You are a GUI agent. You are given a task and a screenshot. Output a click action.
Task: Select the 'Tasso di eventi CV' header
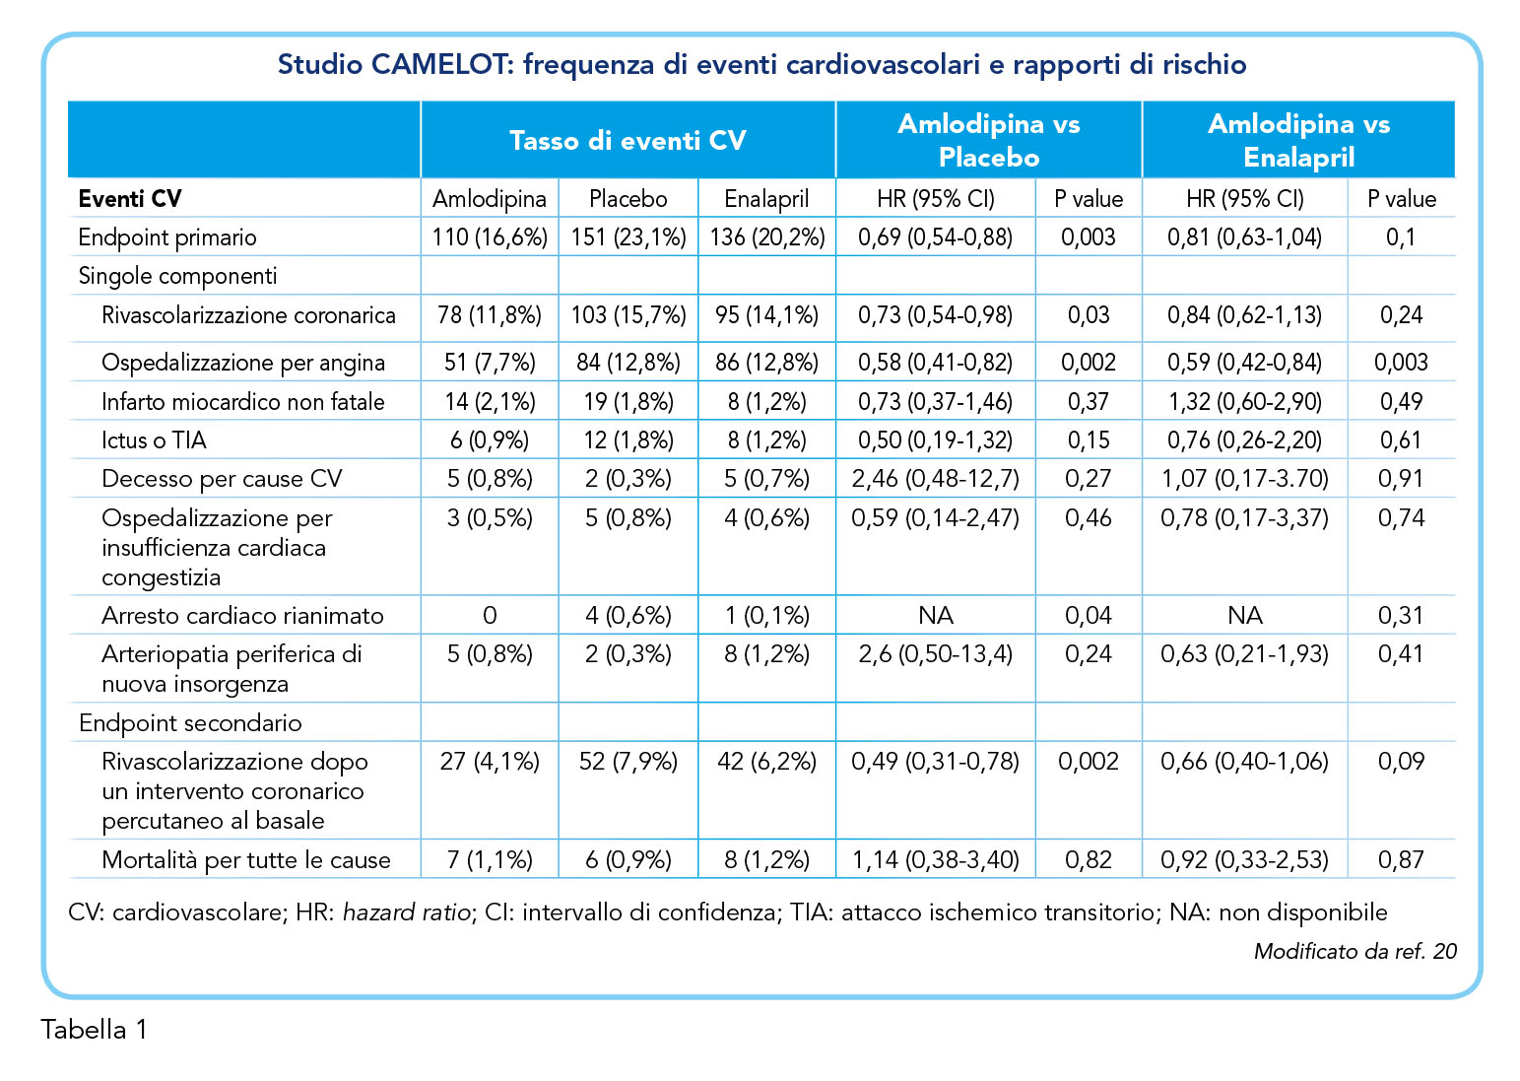[628, 141]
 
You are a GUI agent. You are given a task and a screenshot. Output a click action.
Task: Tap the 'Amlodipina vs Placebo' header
[989, 141]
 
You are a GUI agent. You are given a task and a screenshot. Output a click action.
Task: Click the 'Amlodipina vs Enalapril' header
[1298, 141]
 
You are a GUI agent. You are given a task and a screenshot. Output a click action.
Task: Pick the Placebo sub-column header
[628, 199]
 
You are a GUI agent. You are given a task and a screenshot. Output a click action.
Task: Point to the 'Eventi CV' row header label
[130, 199]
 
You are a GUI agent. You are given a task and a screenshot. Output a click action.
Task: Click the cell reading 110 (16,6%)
[490, 237]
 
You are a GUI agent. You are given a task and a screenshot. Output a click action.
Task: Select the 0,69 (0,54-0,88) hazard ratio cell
[935, 237]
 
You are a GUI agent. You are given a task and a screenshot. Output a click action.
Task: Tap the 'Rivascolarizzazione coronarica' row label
[248, 315]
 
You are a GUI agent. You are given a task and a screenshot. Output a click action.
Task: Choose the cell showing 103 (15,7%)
[628, 315]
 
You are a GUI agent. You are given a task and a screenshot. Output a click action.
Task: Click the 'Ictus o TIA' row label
[154, 440]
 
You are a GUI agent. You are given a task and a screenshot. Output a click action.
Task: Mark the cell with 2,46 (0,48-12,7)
[935, 479]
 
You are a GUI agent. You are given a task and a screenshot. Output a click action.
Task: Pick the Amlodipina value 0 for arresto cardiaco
[490, 616]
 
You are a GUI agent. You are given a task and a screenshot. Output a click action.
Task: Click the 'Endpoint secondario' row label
[190, 723]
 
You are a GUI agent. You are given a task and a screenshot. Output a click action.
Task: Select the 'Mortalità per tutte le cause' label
[245, 860]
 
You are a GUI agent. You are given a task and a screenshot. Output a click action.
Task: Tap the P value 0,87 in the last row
[1401, 860]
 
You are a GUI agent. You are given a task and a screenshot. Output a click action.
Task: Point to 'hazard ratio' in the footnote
[407, 912]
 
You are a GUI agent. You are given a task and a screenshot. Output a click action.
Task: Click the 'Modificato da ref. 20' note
[1355, 951]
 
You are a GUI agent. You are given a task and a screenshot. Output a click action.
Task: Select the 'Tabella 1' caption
[94, 1030]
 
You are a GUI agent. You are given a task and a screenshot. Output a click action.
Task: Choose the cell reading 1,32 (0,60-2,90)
[1244, 402]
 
